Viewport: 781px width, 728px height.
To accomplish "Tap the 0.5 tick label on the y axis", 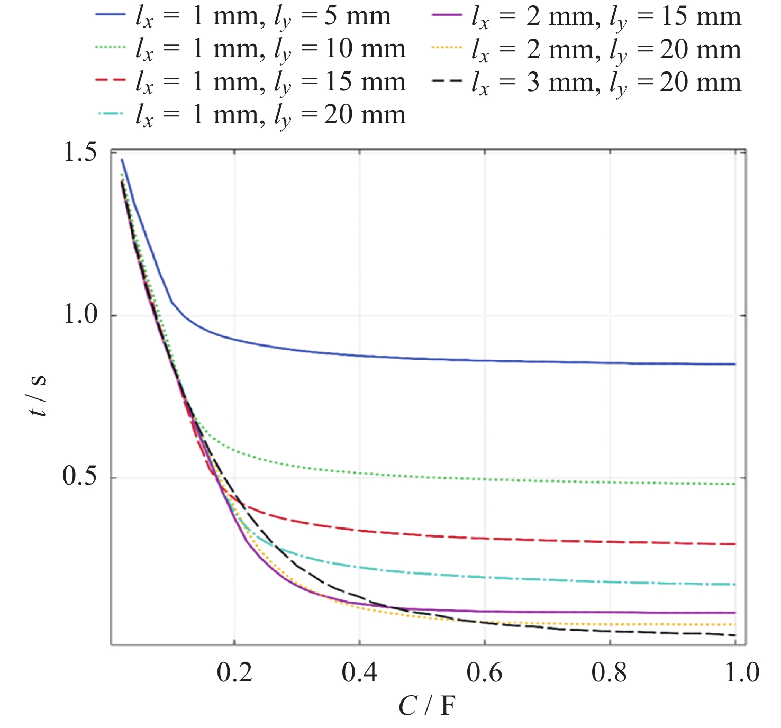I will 80,476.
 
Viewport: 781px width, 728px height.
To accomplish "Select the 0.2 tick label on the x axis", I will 234,672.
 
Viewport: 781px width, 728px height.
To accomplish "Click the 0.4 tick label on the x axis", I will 359,672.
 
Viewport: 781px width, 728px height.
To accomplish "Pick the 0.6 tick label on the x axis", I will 484,672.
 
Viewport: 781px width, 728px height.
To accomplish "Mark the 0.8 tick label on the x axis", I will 610,672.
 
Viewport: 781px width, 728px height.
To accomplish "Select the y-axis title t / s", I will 38,396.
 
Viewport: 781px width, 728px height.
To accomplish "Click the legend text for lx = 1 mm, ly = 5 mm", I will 263,17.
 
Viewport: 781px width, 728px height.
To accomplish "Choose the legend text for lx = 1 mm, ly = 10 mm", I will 270,50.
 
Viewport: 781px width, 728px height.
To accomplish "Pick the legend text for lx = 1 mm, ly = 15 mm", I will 270,83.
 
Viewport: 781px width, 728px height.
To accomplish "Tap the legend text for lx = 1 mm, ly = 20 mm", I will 270,115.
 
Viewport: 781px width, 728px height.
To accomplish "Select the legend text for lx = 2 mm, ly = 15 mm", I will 606,17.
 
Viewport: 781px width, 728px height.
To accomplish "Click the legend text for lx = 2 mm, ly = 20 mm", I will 606,50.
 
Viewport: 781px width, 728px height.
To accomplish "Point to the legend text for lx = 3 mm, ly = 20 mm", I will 606,83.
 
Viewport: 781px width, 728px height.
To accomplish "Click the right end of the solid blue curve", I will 735,364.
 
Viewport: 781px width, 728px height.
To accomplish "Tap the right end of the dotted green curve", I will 735,484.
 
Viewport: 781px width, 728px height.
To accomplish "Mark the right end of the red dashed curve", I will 735,544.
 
